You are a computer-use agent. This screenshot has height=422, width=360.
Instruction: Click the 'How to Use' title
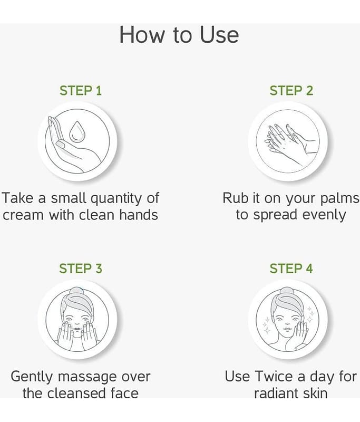coord(179,35)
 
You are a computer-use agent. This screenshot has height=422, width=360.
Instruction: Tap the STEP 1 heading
coord(81,90)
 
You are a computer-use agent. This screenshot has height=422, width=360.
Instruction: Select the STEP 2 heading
coord(291,90)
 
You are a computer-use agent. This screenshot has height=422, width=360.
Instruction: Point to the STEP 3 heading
coord(81,268)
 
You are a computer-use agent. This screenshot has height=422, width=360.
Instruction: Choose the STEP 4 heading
coord(291,268)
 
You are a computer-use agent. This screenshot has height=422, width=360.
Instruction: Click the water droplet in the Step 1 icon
coord(77,131)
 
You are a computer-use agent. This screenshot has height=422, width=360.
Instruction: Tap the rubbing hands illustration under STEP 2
coord(289,142)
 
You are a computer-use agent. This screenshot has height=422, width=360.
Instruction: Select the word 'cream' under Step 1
coord(23,215)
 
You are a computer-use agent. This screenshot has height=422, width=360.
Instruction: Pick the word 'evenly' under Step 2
coord(324,216)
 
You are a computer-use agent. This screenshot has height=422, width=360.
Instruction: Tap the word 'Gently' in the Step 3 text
coord(32,377)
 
